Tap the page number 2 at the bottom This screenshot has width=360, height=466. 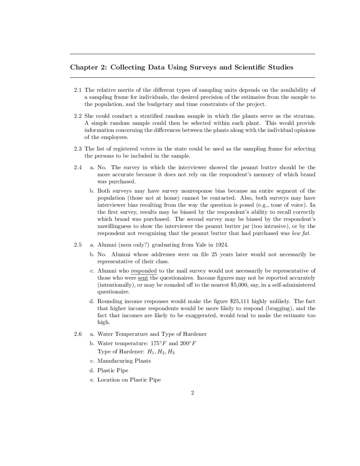click(x=192, y=393)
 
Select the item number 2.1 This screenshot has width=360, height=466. click(x=78, y=90)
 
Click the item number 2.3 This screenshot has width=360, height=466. click(x=78, y=149)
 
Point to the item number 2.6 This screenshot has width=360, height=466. click(x=78, y=334)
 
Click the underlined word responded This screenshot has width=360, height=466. click(x=144, y=271)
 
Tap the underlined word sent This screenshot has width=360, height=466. click(x=143, y=278)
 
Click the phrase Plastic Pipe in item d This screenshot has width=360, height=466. click(x=113, y=371)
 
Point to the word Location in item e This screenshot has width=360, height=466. click(x=109, y=380)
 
